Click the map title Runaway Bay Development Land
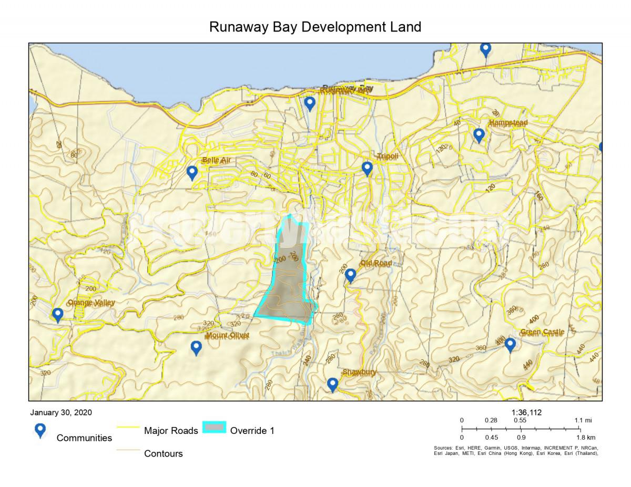pyautogui.click(x=315, y=27)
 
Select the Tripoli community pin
pyautogui.click(x=367, y=169)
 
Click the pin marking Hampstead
pyautogui.click(x=479, y=135)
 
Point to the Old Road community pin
pyautogui.click(x=350, y=275)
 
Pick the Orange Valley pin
pyautogui.click(x=58, y=315)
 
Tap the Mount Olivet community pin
pyautogui.click(x=196, y=347)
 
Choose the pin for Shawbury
pyautogui.click(x=332, y=385)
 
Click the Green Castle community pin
pyautogui.click(x=510, y=345)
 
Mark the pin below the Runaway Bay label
pyautogui.click(x=310, y=103)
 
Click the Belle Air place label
pyautogui.click(x=216, y=160)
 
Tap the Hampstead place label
pyautogui.click(x=508, y=123)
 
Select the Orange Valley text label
pyautogui.click(x=91, y=303)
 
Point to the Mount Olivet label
pyautogui.click(x=227, y=335)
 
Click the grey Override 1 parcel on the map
pyautogui.click(x=288, y=284)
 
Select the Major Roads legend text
pyautogui.click(x=171, y=431)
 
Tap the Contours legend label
pyautogui.click(x=164, y=453)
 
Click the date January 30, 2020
pyautogui.click(x=61, y=412)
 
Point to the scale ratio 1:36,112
pyautogui.click(x=526, y=412)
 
